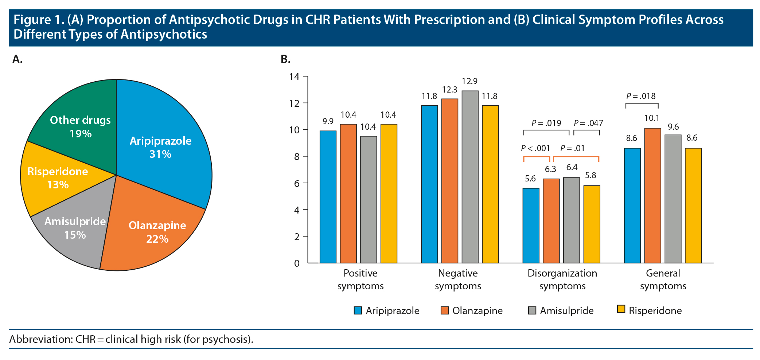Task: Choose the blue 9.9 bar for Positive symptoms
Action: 328,197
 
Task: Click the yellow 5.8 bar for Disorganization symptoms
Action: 592,224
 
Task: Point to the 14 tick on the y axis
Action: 294,77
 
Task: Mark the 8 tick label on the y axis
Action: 296,157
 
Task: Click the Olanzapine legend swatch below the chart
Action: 444,310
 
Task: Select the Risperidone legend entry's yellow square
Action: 621,309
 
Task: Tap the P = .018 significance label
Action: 641,96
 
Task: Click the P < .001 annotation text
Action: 535,148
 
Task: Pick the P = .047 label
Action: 588,123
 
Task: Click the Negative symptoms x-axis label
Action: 458,279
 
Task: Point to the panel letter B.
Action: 285,59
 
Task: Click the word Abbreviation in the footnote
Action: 40,339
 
